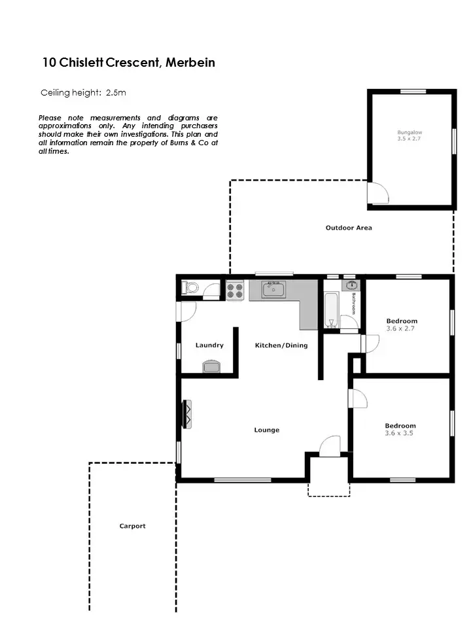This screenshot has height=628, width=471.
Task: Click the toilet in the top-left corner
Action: (x=192, y=288)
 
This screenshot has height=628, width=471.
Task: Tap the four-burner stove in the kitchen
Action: (x=235, y=290)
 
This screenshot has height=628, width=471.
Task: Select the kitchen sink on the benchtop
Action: (x=273, y=289)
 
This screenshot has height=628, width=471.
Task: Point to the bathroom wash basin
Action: (x=352, y=285)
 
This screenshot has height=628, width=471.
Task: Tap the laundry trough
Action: (x=211, y=366)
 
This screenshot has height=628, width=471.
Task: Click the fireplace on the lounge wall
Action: (x=187, y=414)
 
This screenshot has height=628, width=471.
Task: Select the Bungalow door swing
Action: (x=378, y=193)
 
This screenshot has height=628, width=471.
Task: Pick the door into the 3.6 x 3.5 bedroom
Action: (x=358, y=398)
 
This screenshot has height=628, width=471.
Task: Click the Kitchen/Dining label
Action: (x=281, y=345)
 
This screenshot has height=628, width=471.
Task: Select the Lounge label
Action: (x=266, y=430)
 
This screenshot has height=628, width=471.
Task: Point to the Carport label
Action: (x=132, y=526)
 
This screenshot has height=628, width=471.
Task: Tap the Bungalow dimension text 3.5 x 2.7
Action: (x=411, y=139)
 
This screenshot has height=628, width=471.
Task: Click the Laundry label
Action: (x=209, y=345)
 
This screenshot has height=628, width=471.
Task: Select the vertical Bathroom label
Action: (x=353, y=303)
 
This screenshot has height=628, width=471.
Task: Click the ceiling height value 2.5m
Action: (x=115, y=93)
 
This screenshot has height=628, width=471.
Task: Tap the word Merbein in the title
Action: (x=190, y=63)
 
